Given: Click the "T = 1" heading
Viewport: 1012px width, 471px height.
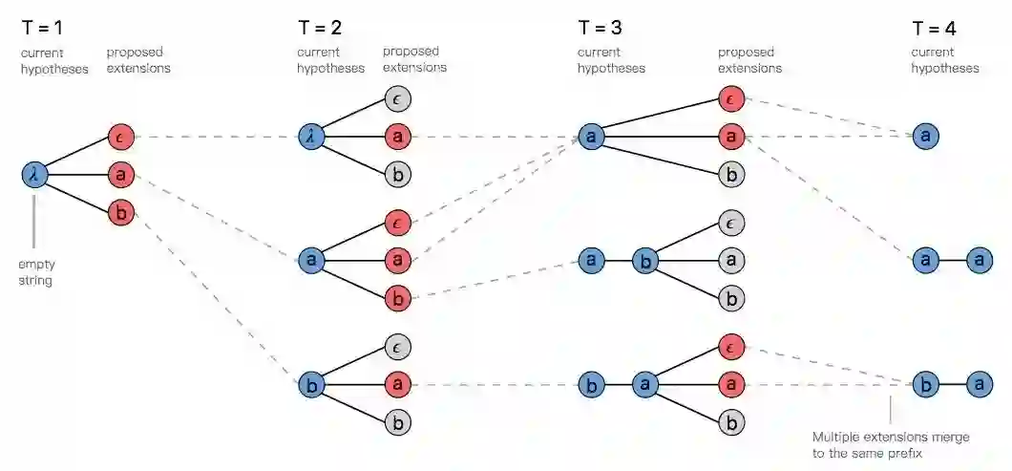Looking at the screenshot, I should [x=44, y=29].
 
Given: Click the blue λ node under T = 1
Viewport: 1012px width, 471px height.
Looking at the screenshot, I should [x=34, y=174].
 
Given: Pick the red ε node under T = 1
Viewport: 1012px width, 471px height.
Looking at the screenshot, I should [x=120, y=137].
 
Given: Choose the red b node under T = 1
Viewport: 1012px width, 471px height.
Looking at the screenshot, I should [x=120, y=212].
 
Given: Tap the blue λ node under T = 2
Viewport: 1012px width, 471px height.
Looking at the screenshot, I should [x=310, y=137].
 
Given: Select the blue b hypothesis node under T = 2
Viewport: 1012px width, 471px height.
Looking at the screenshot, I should [x=310, y=385].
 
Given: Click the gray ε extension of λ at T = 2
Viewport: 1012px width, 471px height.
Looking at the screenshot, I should [x=398, y=98].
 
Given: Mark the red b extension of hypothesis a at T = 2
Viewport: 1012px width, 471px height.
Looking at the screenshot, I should [x=398, y=298].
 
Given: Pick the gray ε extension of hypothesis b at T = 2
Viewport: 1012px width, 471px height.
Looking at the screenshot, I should [x=398, y=347].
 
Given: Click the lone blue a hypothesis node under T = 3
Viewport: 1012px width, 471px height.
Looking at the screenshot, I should [x=591, y=137].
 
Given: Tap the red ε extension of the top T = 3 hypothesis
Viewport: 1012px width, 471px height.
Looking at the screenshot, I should [x=730, y=98].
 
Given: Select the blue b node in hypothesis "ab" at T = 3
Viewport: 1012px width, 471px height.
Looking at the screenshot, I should [x=646, y=260].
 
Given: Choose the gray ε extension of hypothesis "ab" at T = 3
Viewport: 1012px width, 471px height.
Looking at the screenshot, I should [x=730, y=223].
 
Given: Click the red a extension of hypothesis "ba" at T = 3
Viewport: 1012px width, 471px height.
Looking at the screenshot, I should [x=730, y=385].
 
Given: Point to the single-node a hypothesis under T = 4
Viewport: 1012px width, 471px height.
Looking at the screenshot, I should [x=923, y=137].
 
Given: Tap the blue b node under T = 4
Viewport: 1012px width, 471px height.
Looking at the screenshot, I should [x=923, y=385].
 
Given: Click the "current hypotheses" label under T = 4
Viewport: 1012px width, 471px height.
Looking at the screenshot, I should [x=944, y=60].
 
